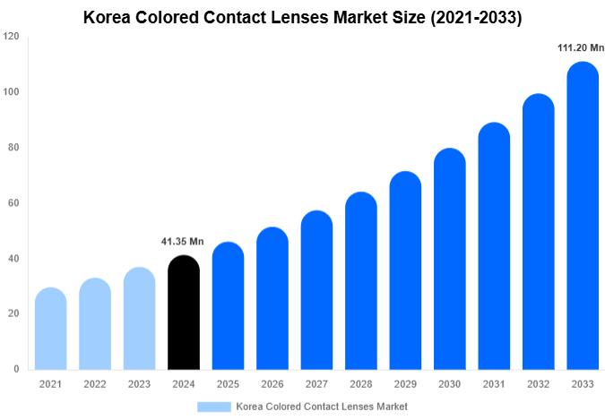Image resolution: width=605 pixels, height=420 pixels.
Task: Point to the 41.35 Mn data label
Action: [x=183, y=242]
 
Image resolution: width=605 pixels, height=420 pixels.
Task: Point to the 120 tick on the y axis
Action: [x=11, y=37]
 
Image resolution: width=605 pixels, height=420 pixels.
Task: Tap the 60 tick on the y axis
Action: [x=13, y=203]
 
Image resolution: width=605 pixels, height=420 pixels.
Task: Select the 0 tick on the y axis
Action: [x=15, y=369]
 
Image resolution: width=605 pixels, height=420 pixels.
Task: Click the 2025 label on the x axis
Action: [x=227, y=384]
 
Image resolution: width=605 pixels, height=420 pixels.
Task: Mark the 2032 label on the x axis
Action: [x=538, y=384]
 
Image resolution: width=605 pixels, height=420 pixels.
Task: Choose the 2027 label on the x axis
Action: [x=315, y=384]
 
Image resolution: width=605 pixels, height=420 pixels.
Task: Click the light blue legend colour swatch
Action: [x=213, y=407]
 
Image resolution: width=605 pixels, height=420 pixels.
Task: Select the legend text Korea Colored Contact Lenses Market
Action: [x=322, y=407]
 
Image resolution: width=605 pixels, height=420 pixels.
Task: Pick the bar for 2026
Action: [x=272, y=299]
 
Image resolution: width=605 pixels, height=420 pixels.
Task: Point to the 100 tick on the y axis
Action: [x=11, y=92]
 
